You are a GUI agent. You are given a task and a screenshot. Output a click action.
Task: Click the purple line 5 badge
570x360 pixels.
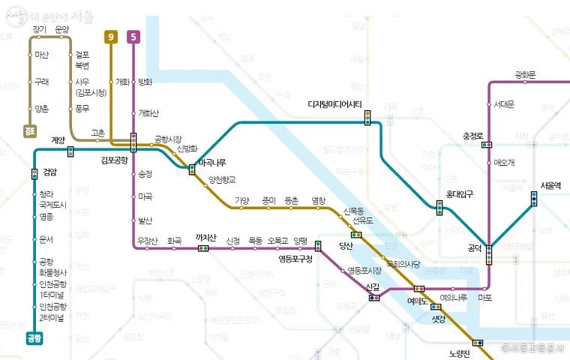(133, 36)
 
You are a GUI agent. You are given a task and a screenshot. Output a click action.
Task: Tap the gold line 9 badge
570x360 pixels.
(111, 36)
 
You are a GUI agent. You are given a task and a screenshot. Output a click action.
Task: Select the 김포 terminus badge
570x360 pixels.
(31, 132)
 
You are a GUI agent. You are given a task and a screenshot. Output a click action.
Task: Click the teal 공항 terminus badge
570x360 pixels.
(34, 338)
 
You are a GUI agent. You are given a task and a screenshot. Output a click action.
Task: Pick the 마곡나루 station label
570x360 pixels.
(212, 163)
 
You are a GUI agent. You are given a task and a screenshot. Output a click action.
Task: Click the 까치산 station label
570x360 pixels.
(205, 238)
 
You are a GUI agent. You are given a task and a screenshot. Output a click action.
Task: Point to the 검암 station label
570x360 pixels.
(50, 170)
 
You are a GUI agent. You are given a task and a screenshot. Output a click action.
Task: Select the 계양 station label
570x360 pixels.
(58, 139)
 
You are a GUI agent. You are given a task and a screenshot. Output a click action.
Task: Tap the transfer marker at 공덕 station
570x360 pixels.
(489, 255)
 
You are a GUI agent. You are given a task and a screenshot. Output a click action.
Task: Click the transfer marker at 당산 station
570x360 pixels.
(355, 235)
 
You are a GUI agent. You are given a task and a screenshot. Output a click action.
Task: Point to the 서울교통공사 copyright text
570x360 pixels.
(534, 349)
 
